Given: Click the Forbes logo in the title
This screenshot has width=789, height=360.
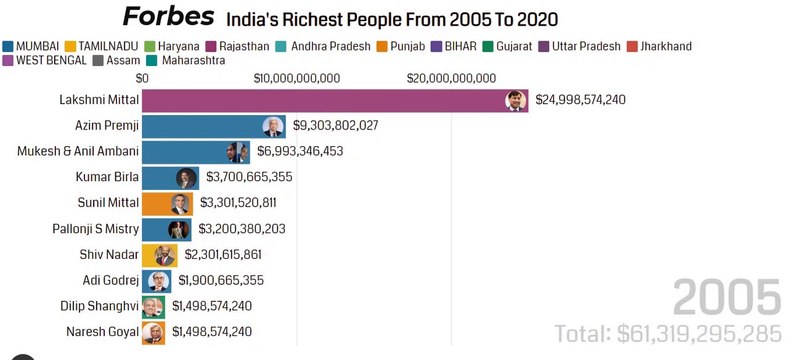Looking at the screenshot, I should [x=168, y=17].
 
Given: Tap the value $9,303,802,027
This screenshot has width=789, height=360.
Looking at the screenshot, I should [x=335, y=126].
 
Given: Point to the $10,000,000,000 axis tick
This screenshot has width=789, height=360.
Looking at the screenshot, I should [x=297, y=78].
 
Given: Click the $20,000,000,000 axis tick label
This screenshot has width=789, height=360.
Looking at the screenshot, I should [x=452, y=78].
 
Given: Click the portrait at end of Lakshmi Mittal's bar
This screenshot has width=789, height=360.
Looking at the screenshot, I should [x=515, y=100].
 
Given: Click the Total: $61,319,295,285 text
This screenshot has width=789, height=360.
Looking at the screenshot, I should [x=668, y=332].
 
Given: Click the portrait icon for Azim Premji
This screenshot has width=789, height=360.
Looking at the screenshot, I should [x=272, y=126].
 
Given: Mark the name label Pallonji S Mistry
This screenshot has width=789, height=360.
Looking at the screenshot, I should [x=94, y=229].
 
